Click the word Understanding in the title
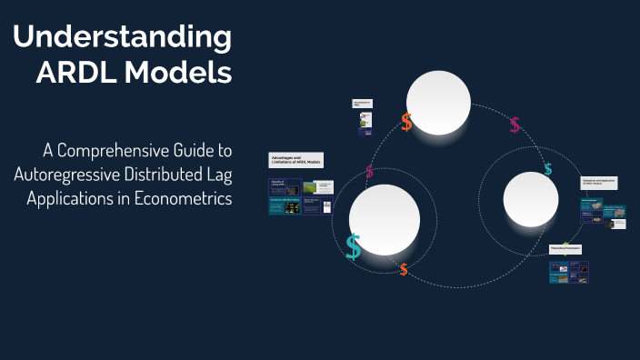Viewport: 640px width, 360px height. tap(123, 38)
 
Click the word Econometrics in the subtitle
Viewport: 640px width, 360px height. tap(182, 197)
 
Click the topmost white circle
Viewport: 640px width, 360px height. tap(438, 102)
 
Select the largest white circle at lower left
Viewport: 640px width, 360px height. tap(384, 219)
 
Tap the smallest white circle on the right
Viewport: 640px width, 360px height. tap(530, 200)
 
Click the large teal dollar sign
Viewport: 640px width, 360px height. tap(353, 247)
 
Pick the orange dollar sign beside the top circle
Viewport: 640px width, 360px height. tap(406, 123)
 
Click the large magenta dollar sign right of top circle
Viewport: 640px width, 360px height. tap(515, 125)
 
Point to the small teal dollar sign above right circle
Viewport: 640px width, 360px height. tap(547, 169)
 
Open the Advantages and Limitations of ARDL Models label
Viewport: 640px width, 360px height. tap(296, 160)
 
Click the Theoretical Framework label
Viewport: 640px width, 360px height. tap(565, 248)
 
